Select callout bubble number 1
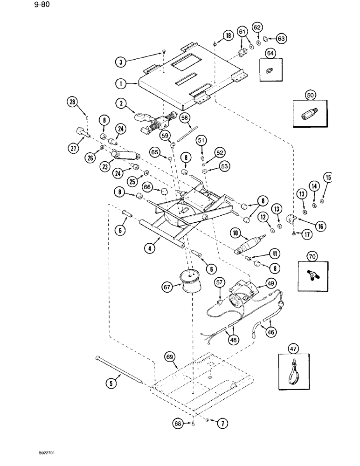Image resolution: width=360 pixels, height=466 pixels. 121,84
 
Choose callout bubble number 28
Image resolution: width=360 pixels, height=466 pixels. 72,102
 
